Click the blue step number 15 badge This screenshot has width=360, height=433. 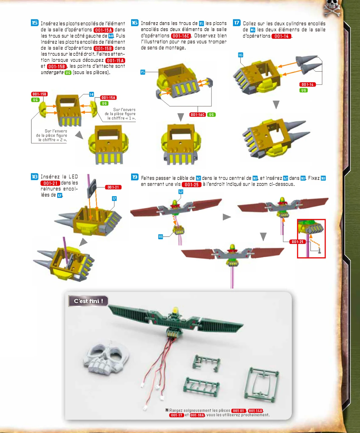click(35, 23)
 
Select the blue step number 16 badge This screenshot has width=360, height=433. click(135, 23)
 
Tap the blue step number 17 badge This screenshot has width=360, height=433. click(236, 23)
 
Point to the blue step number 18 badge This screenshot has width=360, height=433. click(35, 177)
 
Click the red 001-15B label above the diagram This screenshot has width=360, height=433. click(39, 94)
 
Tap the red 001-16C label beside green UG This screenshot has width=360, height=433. click(197, 115)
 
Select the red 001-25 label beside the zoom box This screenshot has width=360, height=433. click(297, 241)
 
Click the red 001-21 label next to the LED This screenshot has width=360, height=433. click(113, 187)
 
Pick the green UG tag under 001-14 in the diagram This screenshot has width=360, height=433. click(303, 90)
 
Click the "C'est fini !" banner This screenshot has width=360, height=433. click(88, 301)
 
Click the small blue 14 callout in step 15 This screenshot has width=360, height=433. click(91, 94)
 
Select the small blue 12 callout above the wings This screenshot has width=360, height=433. click(181, 192)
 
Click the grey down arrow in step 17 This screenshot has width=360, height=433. click(276, 104)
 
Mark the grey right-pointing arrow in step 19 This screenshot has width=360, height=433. click(227, 217)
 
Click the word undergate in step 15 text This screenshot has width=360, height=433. click(52, 72)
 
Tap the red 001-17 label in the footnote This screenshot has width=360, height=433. click(177, 415)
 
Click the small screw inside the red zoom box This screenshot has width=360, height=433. click(320, 251)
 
